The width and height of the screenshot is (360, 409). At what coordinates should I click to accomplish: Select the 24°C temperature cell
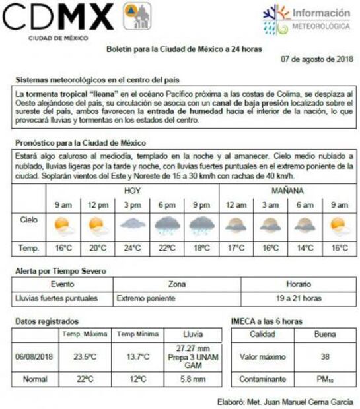pos(132,248)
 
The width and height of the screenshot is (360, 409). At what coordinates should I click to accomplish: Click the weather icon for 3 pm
pos(132,224)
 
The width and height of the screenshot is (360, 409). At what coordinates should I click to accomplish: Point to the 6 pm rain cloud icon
pos(166,226)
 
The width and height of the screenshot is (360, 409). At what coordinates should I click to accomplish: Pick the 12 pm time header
pos(98,205)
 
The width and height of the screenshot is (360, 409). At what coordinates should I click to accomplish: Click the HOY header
pos(132,191)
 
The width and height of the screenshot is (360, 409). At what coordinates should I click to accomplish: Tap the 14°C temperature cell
pos(305,248)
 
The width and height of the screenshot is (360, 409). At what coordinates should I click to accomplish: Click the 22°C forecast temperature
pos(166,248)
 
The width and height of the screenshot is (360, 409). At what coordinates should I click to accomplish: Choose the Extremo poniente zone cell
pos(145,298)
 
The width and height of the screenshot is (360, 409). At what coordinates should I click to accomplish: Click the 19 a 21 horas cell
pos(299,298)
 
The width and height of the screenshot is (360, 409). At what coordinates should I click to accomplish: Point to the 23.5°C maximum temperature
pos(84,357)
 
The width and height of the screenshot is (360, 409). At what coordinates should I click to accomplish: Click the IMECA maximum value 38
pos(324,357)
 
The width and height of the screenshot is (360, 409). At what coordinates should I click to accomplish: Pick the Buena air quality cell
pos(324,334)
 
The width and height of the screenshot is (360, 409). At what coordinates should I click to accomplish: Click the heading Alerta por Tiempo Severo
pos(60,271)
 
